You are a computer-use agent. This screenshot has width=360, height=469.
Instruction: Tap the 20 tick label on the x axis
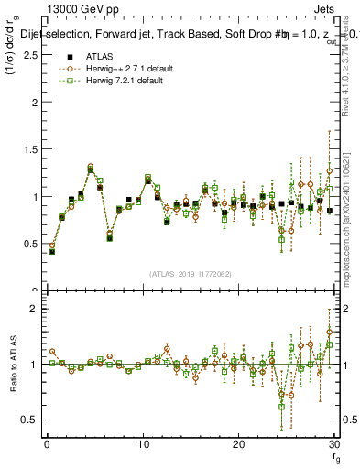(238, 444)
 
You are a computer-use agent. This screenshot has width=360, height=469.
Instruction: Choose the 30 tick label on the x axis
(333, 444)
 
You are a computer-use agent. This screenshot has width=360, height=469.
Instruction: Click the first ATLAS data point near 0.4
(52, 250)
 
